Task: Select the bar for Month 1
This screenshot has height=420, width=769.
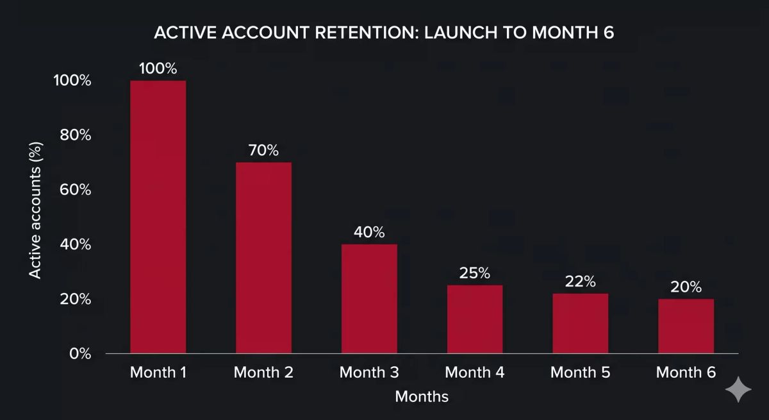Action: pyautogui.click(x=158, y=217)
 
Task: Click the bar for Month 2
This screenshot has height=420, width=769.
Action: pyautogui.click(x=263, y=258)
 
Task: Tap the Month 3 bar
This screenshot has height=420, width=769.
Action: pyautogui.click(x=369, y=299)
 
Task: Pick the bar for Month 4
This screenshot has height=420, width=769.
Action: pyautogui.click(x=475, y=319)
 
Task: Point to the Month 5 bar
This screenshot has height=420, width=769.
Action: pyautogui.click(x=581, y=324)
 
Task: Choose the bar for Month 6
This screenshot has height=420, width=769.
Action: pyautogui.click(x=686, y=326)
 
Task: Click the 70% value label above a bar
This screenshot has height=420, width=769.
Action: pyautogui.click(x=263, y=150)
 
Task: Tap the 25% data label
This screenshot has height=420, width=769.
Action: pyautogui.click(x=475, y=273)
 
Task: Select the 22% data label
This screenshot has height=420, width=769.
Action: pyautogui.click(x=581, y=281)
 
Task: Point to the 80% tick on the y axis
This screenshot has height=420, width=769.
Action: pyautogui.click(x=76, y=135)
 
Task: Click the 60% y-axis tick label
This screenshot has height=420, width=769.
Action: pyautogui.click(x=76, y=190)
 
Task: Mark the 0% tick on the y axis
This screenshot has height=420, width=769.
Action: pyautogui.click(x=80, y=354)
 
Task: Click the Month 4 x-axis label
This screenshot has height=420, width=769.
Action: pyautogui.click(x=475, y=373)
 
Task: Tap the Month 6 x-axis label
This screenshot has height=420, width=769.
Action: pyautogui.click(x=686, y=373)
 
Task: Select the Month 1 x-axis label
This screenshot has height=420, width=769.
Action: pyautogui.click(x=158, y=373)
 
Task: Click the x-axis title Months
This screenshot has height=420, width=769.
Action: pyautogui.click(x=422, y=397)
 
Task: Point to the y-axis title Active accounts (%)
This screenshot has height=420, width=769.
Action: pyautogui.click(x=35, y=210)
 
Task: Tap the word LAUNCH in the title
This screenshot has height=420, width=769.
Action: pyautogui.click(x=461, y=33)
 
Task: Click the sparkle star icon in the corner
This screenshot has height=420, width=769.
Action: pyautogui.click(x=738, y=389)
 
